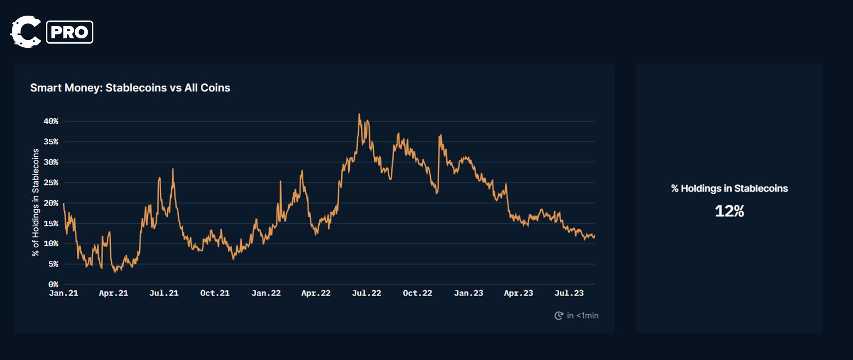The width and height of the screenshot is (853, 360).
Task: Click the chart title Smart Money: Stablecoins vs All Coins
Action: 130,88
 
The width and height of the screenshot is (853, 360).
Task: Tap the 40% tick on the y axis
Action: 51,121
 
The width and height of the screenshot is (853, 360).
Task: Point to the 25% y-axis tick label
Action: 51,182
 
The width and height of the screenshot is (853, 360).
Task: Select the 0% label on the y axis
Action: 53,284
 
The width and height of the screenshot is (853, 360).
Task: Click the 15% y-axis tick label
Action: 51,223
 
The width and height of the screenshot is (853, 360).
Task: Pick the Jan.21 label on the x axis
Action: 64,293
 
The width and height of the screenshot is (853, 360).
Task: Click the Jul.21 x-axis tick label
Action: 164,293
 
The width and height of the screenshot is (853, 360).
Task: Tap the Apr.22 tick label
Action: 316,293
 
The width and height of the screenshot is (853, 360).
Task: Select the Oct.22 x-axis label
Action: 417,293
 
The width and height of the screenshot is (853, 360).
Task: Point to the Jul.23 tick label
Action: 569,293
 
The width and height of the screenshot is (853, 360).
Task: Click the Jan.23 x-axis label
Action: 469,293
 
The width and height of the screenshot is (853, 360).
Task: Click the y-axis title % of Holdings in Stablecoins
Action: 36,202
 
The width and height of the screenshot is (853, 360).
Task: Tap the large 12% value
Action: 729,211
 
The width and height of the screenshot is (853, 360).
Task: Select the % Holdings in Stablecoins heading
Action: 729,189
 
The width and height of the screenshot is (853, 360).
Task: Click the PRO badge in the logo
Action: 70,32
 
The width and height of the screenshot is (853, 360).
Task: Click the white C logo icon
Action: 25,32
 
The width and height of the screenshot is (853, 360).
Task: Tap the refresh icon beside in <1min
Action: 559,315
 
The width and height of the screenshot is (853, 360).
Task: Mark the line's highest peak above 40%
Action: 359,114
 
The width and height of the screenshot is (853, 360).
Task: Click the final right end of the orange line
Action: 594,236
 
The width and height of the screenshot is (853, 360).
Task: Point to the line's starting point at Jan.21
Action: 64,204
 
